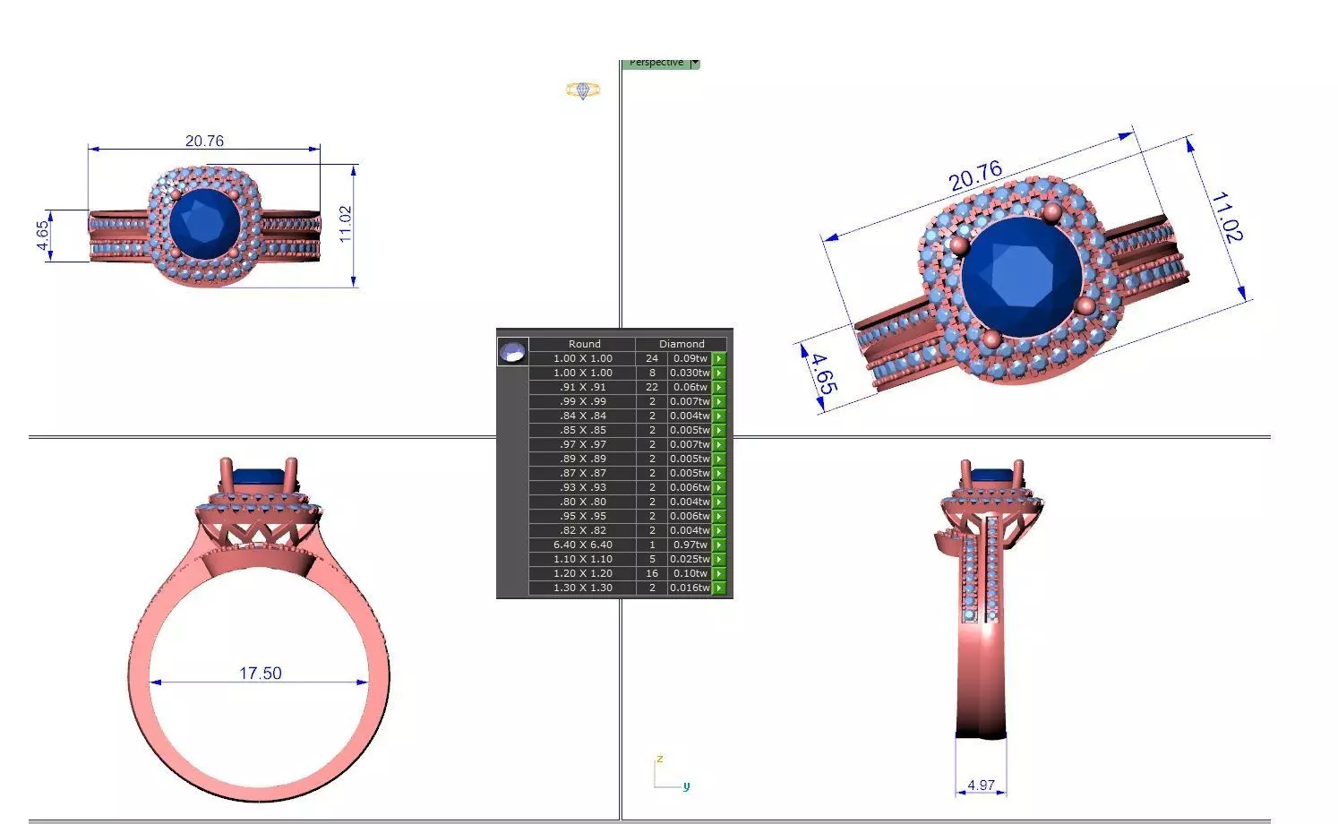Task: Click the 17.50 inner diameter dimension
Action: (x=260, y=673)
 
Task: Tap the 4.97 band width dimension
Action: (x=981, y=785)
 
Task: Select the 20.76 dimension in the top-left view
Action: (x=204, y=141)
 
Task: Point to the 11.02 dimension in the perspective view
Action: (x=1226, y=217)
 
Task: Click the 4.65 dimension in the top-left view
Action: (x=42, y=236)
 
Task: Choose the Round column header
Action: (x=584, y=344)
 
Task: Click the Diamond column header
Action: (x=682, y=344)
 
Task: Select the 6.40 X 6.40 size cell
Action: (x=583, y=545)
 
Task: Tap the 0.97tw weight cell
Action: (x=690, y=545)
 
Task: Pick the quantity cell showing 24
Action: (x=652, y=358)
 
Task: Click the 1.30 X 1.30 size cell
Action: (x=583, y=588)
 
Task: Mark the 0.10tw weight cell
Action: (x=690, y=573)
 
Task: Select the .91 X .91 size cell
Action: (x=583, y=387)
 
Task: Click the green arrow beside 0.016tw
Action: (x=719, y=588)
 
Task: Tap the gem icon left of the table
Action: (x=513, y=351)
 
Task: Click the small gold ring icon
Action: (x=582, y=90)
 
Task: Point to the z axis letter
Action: (x=659, y=759)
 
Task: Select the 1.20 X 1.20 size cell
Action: (x=583, y=573)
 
